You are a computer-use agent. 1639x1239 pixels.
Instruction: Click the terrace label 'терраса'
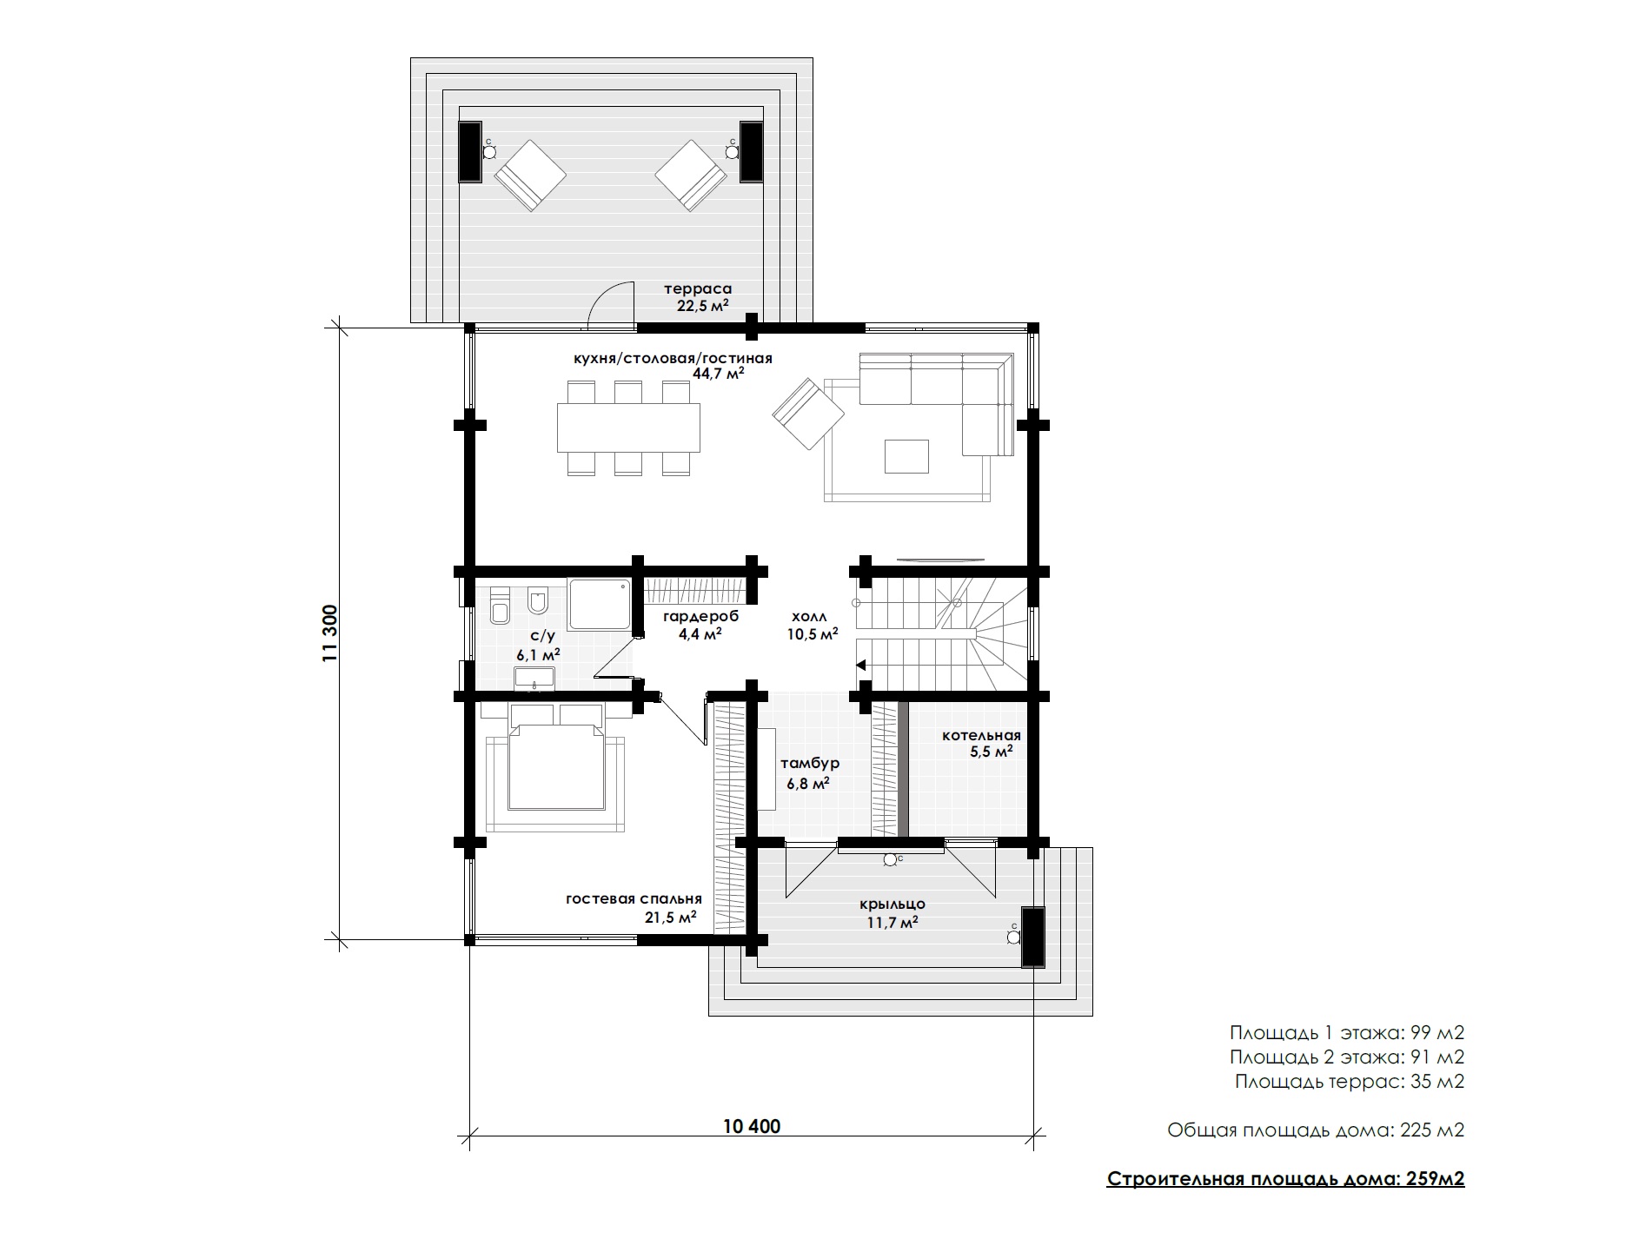[698, 288]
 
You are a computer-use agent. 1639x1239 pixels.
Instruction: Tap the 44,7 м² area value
[719, 374]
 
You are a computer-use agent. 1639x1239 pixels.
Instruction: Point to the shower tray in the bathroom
[601, 604]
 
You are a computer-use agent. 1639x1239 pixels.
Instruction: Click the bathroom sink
[534, 678]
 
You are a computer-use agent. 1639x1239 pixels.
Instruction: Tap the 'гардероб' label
[700, 616]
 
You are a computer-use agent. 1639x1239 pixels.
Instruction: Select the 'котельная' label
[981, 736]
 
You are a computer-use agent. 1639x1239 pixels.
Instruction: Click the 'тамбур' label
[809, 764]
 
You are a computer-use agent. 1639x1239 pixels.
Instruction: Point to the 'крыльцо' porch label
[892, 904]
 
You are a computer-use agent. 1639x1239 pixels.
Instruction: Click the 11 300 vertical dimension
[329, 633]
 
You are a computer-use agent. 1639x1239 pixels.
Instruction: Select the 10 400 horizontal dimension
[752, 1127]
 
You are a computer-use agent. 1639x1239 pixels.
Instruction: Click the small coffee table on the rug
[906, 456]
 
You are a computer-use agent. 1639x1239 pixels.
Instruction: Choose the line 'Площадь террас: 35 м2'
[1350, 1082]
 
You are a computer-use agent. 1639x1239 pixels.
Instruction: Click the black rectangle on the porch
[1032, 937]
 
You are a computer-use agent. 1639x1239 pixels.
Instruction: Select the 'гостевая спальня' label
[634, 899]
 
